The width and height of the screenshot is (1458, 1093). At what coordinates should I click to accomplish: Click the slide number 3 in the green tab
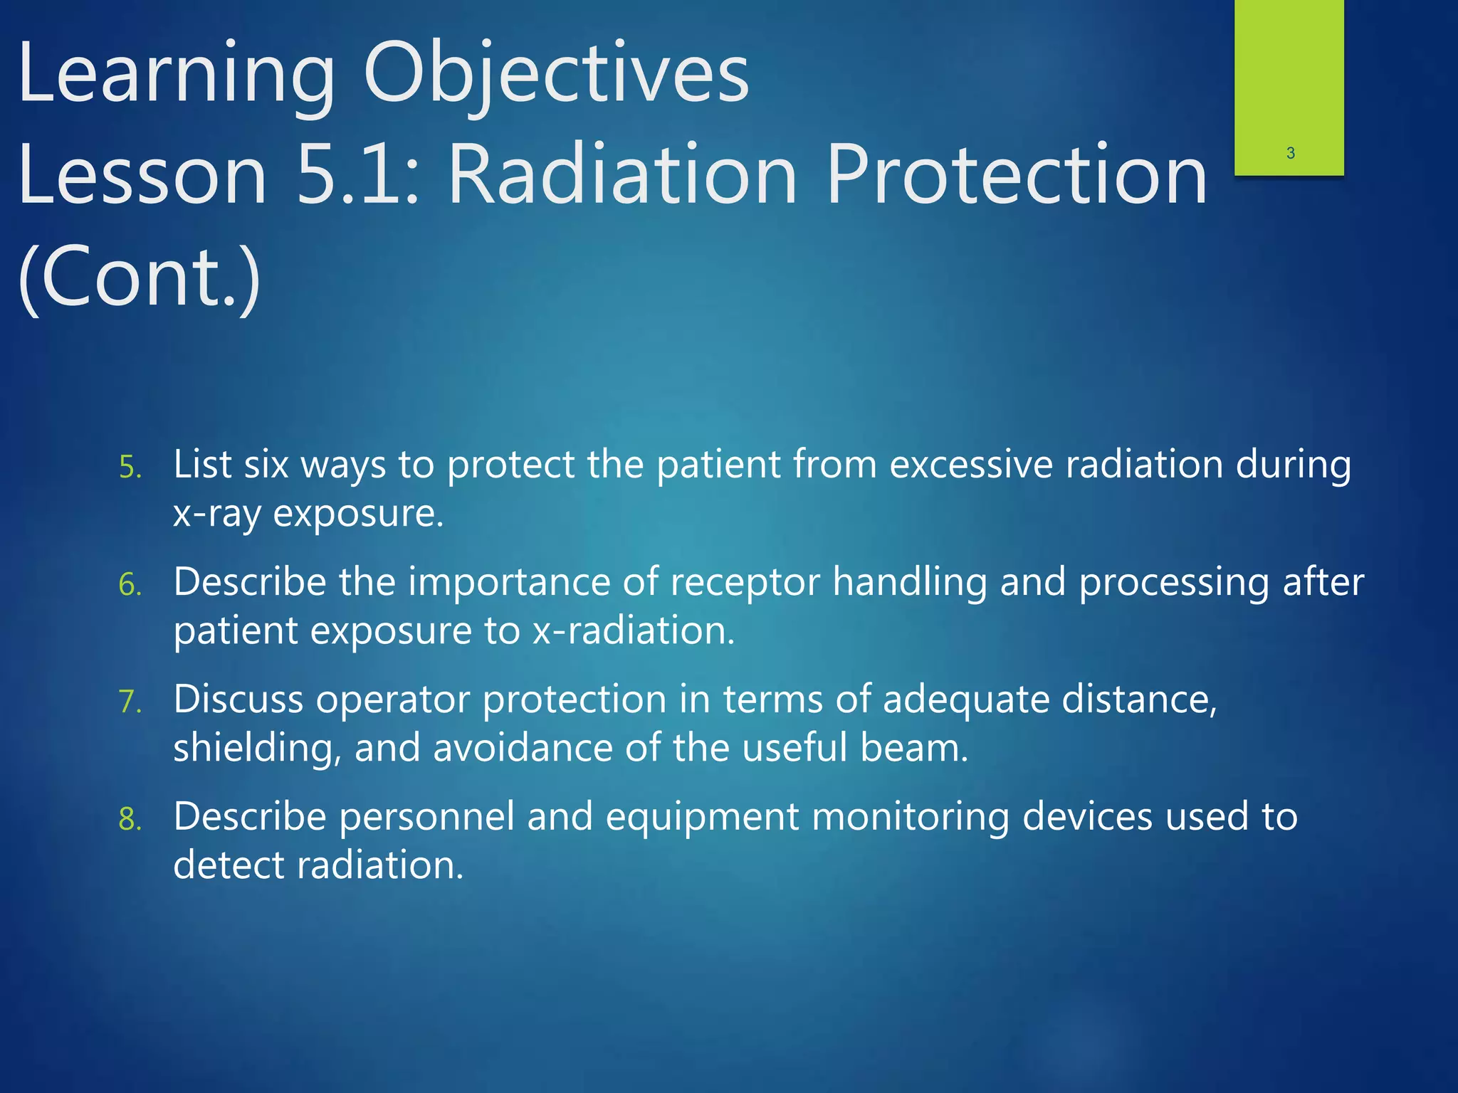[x=1290, y=153]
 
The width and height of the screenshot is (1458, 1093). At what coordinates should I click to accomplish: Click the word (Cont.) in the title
[x=140, y=278]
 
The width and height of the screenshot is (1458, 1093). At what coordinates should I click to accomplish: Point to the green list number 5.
[x=130, y=468]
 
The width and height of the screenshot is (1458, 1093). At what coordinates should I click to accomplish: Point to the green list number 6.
[x=130, y=586]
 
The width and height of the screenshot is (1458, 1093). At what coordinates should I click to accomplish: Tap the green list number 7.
[x=130, y=702]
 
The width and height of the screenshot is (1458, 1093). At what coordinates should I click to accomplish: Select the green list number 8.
[x=130, y=820]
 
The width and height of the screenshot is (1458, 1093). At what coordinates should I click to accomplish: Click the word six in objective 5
[x=266, y=465]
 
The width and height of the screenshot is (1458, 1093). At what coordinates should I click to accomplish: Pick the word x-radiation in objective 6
[x=633, y=631]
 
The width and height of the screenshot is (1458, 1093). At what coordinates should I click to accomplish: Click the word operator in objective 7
[x=392, y=699]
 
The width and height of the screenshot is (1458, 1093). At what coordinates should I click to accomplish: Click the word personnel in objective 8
[x=426, y=817]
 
